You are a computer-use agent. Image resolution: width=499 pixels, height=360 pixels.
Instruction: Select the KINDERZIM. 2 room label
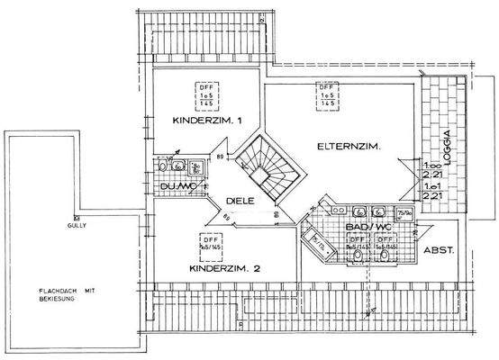(x=224, y=269)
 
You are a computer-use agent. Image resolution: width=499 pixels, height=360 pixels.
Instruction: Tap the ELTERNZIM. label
(x=346, y=147)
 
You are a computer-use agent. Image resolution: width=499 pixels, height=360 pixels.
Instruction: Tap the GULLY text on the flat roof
(x=78, y=226)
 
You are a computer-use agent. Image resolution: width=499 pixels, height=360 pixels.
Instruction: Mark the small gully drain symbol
(x=78, y=217)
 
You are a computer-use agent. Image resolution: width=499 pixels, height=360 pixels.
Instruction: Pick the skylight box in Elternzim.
(x=325, y=95)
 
